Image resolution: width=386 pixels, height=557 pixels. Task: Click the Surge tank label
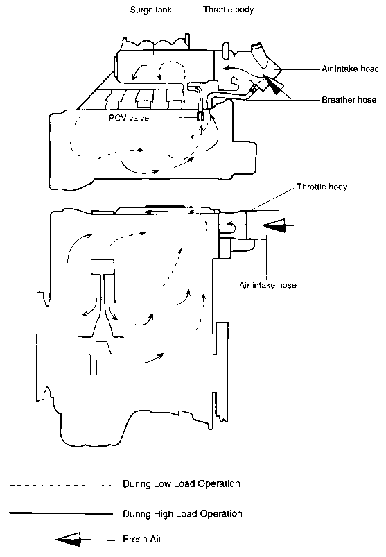pyautogui.click(x=150, y=10)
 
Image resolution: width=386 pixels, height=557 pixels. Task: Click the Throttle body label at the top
pyautogui.click(x=229, y=10)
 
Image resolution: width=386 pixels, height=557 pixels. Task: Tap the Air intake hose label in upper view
pyautogui.click(x=350, y=69)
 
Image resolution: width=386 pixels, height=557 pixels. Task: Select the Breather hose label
pyautogui.click(x=349, y=100)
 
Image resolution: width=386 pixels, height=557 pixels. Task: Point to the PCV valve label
pyautogui.click(x=129, y=118)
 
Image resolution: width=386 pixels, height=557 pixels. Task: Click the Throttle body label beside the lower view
pyautogui.click(x=322, y=187)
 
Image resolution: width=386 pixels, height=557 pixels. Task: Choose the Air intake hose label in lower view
pyautogui.click(x=268, y=285)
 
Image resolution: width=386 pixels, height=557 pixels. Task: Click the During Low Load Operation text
pyautogui.click(x=182, y=484)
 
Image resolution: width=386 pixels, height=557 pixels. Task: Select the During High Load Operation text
pyautogui.click(x=182, y=514)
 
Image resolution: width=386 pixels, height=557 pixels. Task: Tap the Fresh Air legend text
pyautogui.click(x=142, y=539)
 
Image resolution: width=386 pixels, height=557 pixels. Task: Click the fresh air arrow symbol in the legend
pyautogui.click(x=85, y=540)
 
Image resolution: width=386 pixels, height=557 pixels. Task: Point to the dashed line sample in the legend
pyautogui.click(x=62, y=486)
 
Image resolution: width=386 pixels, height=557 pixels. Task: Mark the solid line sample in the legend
pyautogui.click(x=61, y=513)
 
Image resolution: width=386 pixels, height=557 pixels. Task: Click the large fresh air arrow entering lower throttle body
pyautogui.click(x=279, y=225)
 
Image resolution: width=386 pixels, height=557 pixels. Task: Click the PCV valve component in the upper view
pyautogui.click(x=200, y=117)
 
